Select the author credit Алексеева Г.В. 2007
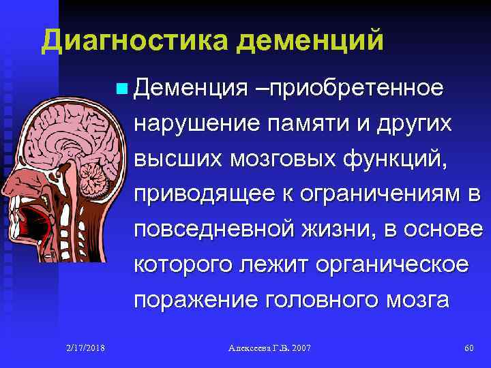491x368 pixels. pyautogui.click(x=269, y=348)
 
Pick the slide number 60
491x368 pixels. pyautogui.click(x=468, y=348)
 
